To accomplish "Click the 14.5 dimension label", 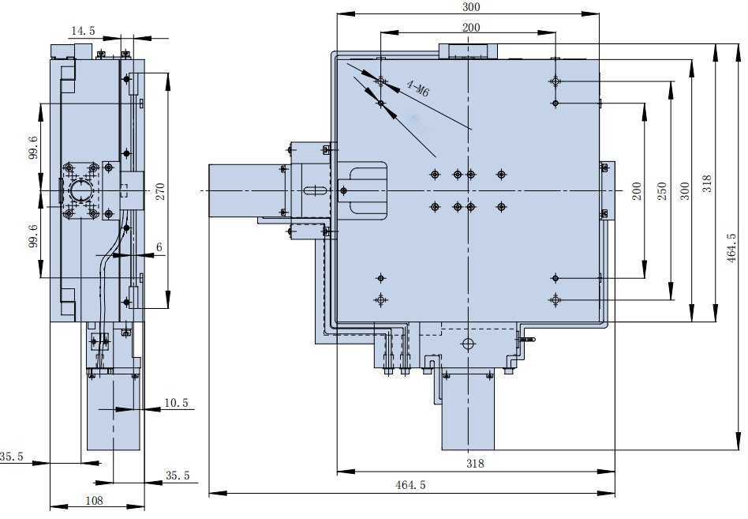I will coord(83,31).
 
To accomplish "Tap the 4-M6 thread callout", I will coord(417,88).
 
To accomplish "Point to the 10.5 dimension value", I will coord(176,403).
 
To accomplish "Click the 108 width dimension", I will coord(95,500).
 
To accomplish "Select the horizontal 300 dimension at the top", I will coord(472,7).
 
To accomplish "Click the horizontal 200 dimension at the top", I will coord(471,27).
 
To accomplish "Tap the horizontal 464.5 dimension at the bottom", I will coord(411,486).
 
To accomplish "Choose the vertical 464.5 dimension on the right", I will coord(733,246).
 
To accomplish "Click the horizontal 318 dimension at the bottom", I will coord(475,464).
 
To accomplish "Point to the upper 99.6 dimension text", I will coord(33,146).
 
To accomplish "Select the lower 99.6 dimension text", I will coord(33,235).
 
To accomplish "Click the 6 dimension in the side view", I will coord(159,247).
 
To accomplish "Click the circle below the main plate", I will coord(468,344).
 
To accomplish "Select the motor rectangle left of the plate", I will coord(245,190).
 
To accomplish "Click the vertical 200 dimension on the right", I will coord(636,191).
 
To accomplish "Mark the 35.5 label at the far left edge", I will coord(12,457).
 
